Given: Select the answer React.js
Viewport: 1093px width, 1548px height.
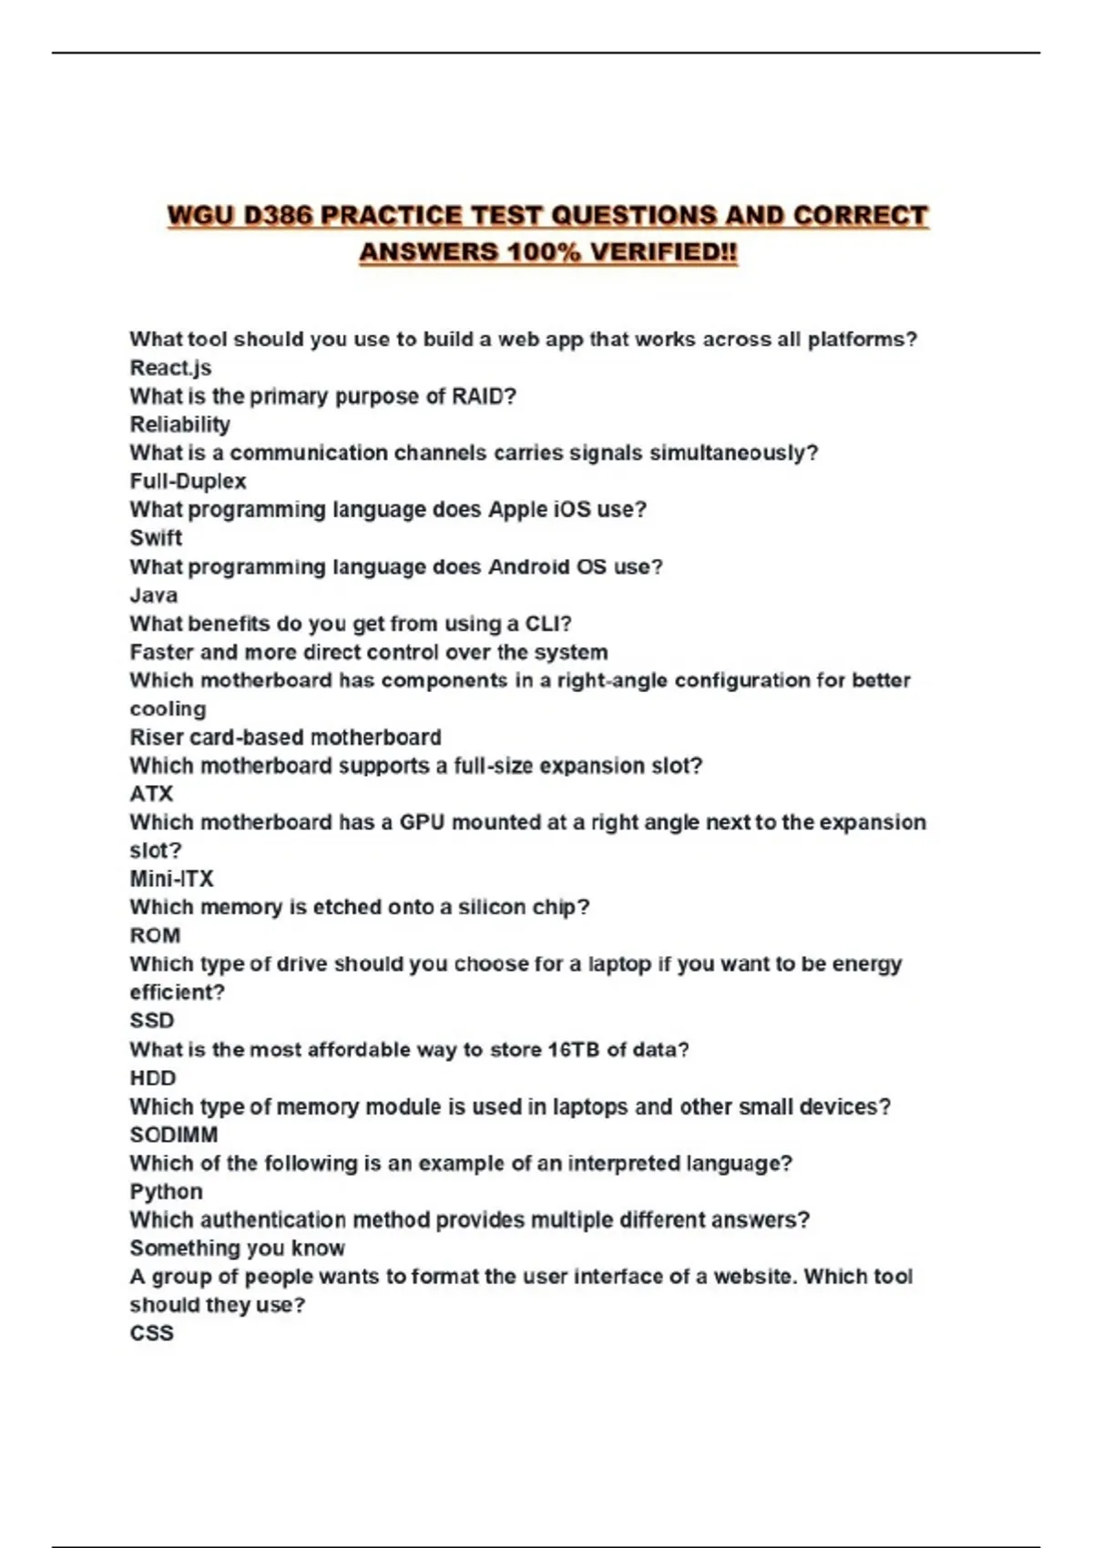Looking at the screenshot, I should click(170, 368).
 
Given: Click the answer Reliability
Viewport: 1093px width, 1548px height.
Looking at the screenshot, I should click(179, 424).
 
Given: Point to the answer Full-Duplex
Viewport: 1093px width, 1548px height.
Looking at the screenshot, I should click(188, 481).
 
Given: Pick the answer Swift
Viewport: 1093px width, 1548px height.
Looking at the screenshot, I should click(156, 537).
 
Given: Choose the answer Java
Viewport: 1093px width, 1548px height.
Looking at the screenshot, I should click(153, 595).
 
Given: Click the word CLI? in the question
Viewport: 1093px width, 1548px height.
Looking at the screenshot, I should click(548, 624).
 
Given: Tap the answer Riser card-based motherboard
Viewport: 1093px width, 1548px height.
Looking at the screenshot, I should click(285, 737).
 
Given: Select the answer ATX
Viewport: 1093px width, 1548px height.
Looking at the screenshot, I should click(151, 793).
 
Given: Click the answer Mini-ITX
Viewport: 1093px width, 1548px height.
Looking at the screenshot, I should click(171, 879).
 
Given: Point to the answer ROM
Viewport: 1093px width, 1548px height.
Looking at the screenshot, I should click(155, 935).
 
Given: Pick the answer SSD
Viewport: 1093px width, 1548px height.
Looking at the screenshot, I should click(151, 1021).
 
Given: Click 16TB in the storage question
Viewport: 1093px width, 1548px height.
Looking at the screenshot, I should click(574, 1050).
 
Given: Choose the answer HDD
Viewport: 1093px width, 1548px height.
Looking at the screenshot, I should click(152, 1078).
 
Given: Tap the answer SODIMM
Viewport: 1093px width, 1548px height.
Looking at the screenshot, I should click(173, 1135).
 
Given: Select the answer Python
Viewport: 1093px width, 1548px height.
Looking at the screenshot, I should click(166, 1191).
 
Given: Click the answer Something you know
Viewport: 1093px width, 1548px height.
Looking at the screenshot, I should click(237, 1248).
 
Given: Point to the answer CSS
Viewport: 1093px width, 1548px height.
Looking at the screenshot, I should click(151, 1333).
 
